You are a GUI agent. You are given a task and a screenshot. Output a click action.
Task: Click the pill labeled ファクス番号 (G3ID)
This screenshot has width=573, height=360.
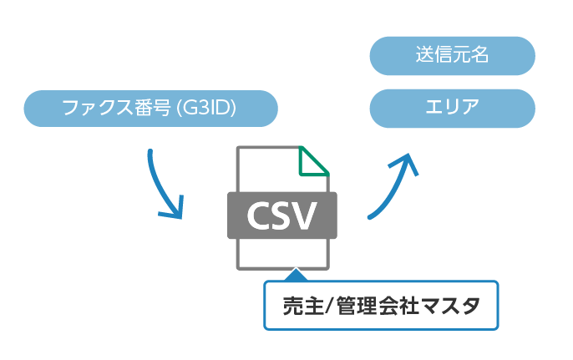point(150,108)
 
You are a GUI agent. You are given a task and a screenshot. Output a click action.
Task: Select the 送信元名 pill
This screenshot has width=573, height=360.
point(451,56)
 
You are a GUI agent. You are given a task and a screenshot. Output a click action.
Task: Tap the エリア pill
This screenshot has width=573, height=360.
point(451,108)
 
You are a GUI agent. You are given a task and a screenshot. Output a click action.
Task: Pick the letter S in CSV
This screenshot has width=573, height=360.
point(282,216)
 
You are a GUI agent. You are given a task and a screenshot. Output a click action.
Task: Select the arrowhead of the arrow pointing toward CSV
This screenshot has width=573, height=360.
point(173,210)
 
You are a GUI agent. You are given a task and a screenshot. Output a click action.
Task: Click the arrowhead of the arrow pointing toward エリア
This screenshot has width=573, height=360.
point(407,162)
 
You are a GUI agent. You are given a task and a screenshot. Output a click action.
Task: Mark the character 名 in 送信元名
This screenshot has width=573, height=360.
point(479,56)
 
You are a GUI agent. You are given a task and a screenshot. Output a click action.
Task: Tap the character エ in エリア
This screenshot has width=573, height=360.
point(434,108)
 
